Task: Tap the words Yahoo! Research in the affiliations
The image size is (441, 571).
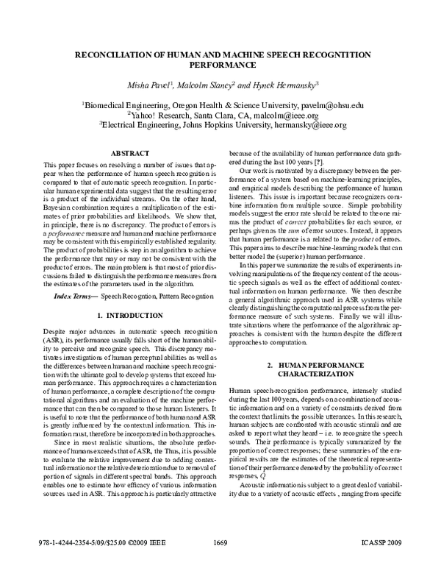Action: tap(157, 116)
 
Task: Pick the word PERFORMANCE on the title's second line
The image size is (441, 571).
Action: tap(220, 64)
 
